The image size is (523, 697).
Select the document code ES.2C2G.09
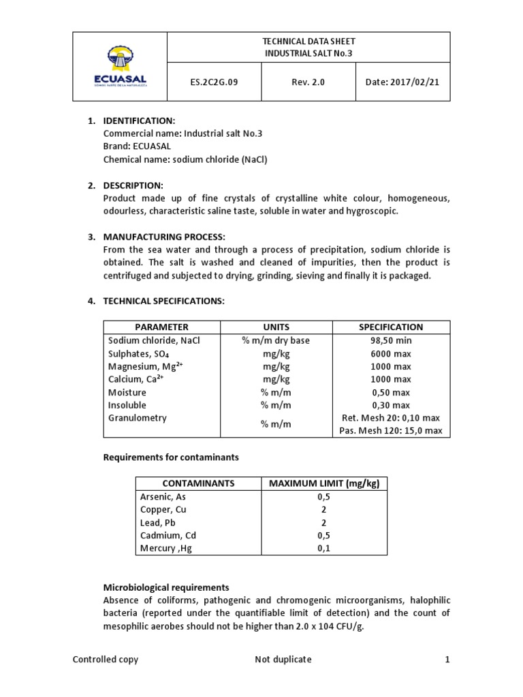click(x=214, y=82)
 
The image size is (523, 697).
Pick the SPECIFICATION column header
click(x=391, y=327)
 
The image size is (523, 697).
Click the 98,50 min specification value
click(x=391, y=340)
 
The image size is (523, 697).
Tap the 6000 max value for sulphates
click(x=391, y=353)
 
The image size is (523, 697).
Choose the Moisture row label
click(x=127, y=392)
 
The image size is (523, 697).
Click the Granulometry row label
click(x=137, y=418)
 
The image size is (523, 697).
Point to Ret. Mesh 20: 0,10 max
click(x=391, y=418)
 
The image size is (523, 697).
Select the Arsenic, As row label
click(x=163, y=496)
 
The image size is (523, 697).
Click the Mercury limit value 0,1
click(x=323, y=548)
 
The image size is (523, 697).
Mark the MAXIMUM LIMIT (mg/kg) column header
click(x=323, y=483)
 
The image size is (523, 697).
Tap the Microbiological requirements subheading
click(x=166, y=587)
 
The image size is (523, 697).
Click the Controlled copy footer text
click(x=106, y=659)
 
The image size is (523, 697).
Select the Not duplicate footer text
click(x=283, y=659)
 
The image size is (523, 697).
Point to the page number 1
click(x=447, y=659)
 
